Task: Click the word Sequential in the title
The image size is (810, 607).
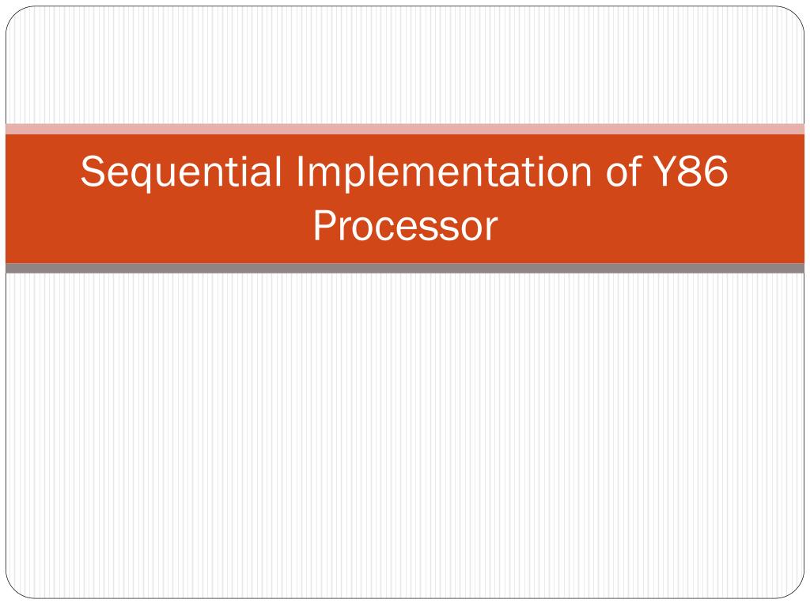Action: tap(182, 172)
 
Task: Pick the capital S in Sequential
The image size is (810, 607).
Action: tap(92, 172)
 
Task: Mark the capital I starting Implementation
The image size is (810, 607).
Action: tap(301, 172)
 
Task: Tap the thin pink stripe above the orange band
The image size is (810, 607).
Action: tap(405, 129)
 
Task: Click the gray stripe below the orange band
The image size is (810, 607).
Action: tap(405, 269)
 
